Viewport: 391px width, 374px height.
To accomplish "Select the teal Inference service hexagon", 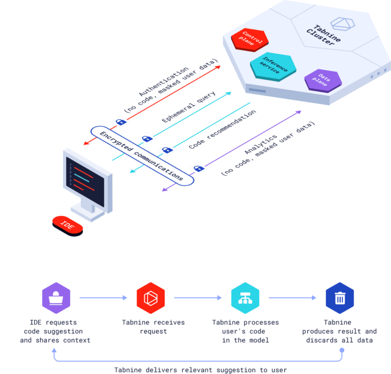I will pyautogui.click(x=273, y=67).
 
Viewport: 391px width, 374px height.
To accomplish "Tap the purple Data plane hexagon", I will pyautogui.click(x=322, y=81).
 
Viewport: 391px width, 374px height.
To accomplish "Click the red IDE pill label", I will pyautogui.click(x=67, y=224).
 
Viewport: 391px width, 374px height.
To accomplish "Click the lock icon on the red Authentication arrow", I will pyautogui.click(x=120, y=122).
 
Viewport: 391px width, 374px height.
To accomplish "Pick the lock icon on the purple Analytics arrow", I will pyautogui.click(x=199, y=168).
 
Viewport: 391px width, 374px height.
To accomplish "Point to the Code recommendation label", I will pyautogui.click(x=222, y=129).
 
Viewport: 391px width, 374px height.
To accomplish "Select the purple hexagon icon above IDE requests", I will pyautogui.click(x=56, y=298).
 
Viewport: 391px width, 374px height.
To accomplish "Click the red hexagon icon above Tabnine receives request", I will pyautogui.click(x=150, y=298).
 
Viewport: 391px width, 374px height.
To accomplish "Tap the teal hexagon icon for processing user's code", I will pyautogui.click(x=245, y=298).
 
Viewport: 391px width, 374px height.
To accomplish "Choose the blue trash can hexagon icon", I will pyautogui.click(x=340, y=298).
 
